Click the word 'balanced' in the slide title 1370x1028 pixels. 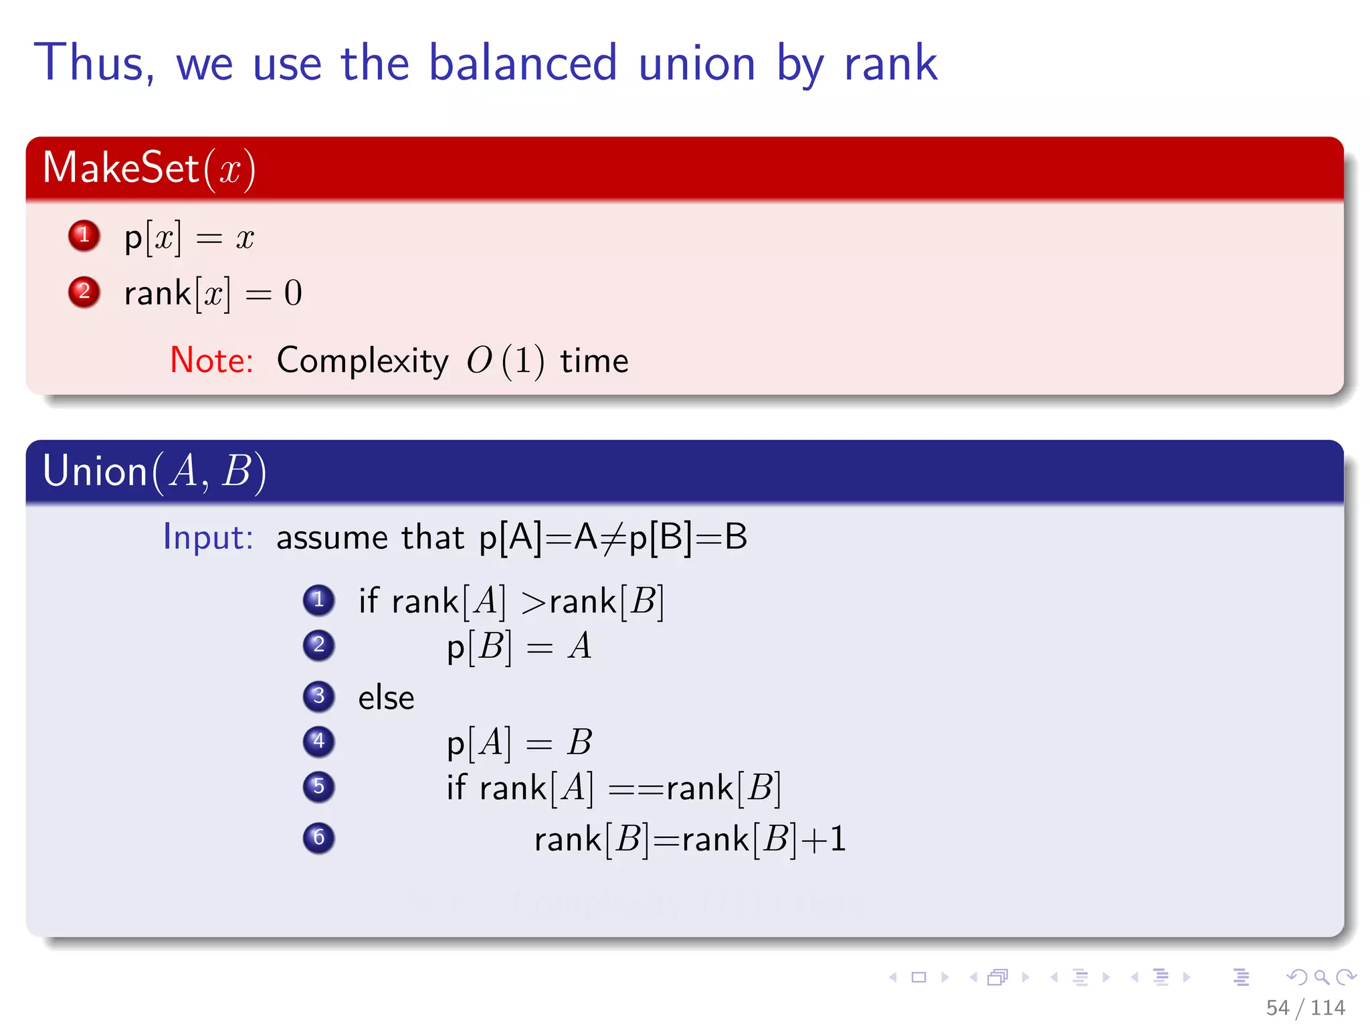point(522,64)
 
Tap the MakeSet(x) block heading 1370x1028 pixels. point(149,168)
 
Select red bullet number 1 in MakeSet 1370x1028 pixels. point(84,236)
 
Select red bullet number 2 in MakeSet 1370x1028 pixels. point(84,292)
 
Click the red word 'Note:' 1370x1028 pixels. point(211,361)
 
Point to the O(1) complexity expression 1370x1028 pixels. point(505,361)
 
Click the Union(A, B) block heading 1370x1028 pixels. point(155,471)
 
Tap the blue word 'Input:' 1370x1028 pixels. point(208,537)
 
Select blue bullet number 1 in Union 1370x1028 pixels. point(319,600)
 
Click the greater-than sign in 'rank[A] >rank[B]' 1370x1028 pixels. point(534,602)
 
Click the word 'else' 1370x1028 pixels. point(386,698)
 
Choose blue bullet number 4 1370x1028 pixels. point(319,742)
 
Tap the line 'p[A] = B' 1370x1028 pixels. point(519,743)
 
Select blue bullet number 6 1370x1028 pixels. point(319,838)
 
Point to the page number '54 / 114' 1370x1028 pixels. point(1305,1007)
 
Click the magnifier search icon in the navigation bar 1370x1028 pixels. point(1321,977)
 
